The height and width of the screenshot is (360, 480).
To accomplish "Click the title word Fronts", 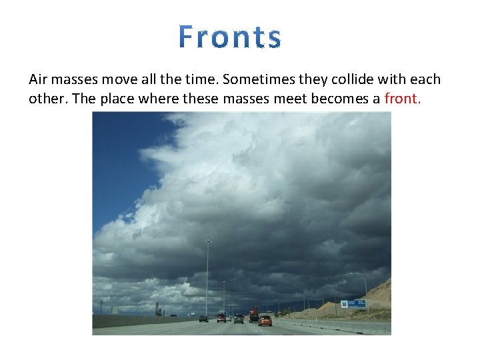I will tap(230, 37).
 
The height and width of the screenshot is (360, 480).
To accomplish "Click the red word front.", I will tap(403, 99).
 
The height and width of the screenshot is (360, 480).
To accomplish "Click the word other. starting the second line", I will tap(46, 99).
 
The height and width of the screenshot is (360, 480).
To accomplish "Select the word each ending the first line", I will tap(425, 79).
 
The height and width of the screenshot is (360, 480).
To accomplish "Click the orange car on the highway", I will tap(265, 320).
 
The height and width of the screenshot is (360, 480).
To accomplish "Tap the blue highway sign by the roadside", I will tap(353, 304).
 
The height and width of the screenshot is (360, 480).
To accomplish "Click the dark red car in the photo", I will tap(221, 318).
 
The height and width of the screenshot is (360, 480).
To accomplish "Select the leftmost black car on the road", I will tap(203, 319).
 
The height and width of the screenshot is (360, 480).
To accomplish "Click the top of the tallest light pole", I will tap(207, 241).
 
